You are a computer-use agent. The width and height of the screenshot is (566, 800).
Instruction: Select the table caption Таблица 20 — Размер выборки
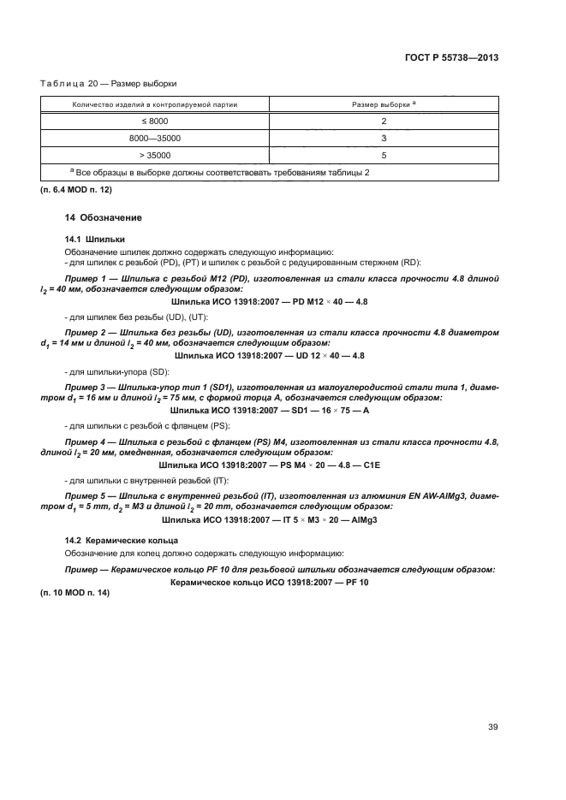121,83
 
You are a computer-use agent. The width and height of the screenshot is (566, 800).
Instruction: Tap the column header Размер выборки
384,104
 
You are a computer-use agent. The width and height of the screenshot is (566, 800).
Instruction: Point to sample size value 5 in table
384,155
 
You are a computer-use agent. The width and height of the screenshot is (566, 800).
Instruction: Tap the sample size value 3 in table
384,137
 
